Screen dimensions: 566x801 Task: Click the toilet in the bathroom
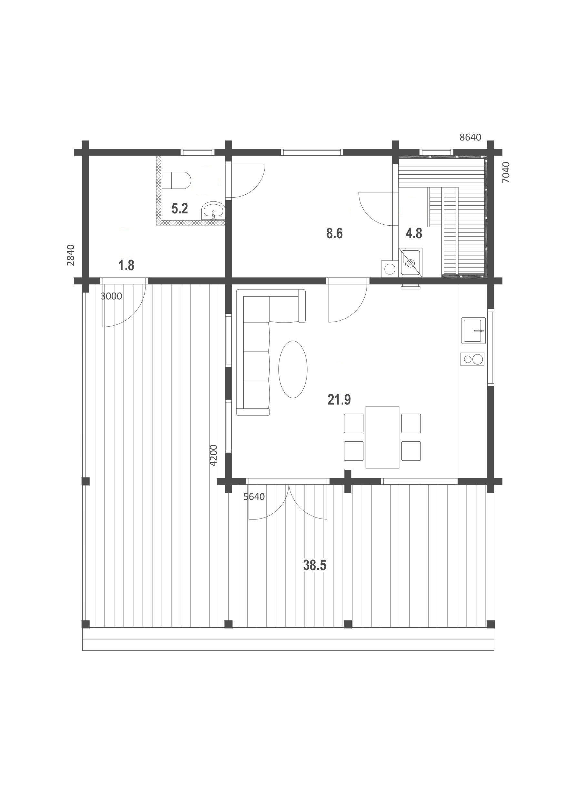pos(177,180)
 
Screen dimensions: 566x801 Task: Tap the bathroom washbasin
pos(213,211)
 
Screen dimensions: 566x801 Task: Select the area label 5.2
pos(180,209)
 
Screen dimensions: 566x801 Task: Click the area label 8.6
pos(334,233)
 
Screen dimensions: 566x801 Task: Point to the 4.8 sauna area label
pos(414,233)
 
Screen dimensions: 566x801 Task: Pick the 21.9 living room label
pos(339,400)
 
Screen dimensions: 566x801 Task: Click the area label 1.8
pos(126,265)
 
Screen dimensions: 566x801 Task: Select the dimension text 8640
pos(470,137)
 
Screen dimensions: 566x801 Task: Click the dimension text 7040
pos(506,172)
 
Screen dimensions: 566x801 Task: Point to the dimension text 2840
pos(70,255)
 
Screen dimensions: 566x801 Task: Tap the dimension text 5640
pos(254,497)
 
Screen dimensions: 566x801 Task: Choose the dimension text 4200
pos(213,455)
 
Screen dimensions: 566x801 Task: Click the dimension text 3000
pos(111,296)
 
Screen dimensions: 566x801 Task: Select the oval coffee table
pos(293,369)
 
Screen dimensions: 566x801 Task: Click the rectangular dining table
pos(382,437)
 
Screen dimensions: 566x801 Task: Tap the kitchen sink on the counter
pos(474,330)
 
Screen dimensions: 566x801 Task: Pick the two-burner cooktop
pos(472,359)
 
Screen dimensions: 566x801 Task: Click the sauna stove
pos(411,262)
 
